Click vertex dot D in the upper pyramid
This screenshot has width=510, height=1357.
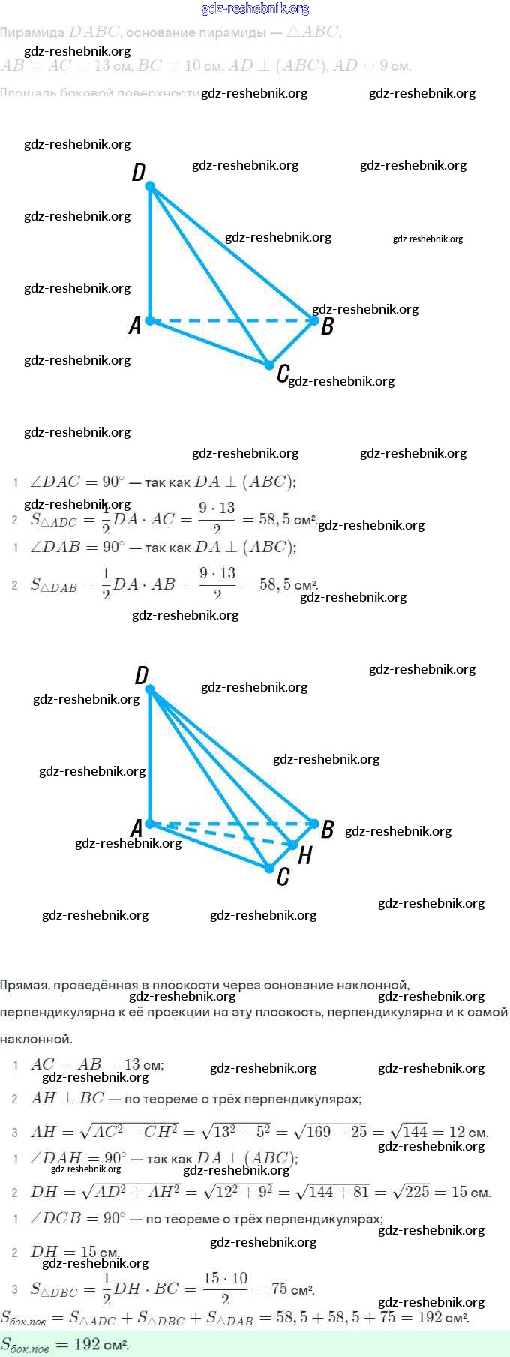coord(150,185)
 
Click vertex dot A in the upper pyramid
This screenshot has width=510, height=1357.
coord(150,320)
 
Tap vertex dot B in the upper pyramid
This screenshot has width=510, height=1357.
coord(315,320)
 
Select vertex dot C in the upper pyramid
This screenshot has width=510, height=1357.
coord(269,365)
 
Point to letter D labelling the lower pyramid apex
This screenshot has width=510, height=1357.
coord(142,676)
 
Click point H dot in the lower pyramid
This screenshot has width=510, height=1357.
coord(293,845)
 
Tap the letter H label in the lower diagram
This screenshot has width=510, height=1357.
coord(304,855)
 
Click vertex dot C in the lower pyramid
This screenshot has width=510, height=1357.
coord(269,868)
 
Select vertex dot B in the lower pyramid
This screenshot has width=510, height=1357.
coord(315,824)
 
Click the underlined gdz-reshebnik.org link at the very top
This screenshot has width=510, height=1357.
coord(255,9)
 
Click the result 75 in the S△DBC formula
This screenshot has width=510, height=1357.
coord(280,1289)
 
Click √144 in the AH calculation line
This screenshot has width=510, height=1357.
coord(408,1132)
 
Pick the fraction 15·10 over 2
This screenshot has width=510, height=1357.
coord(225,1289)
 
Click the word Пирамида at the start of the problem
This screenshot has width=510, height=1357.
coord(32,32)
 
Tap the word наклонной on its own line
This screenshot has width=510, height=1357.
coord(36,1039)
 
